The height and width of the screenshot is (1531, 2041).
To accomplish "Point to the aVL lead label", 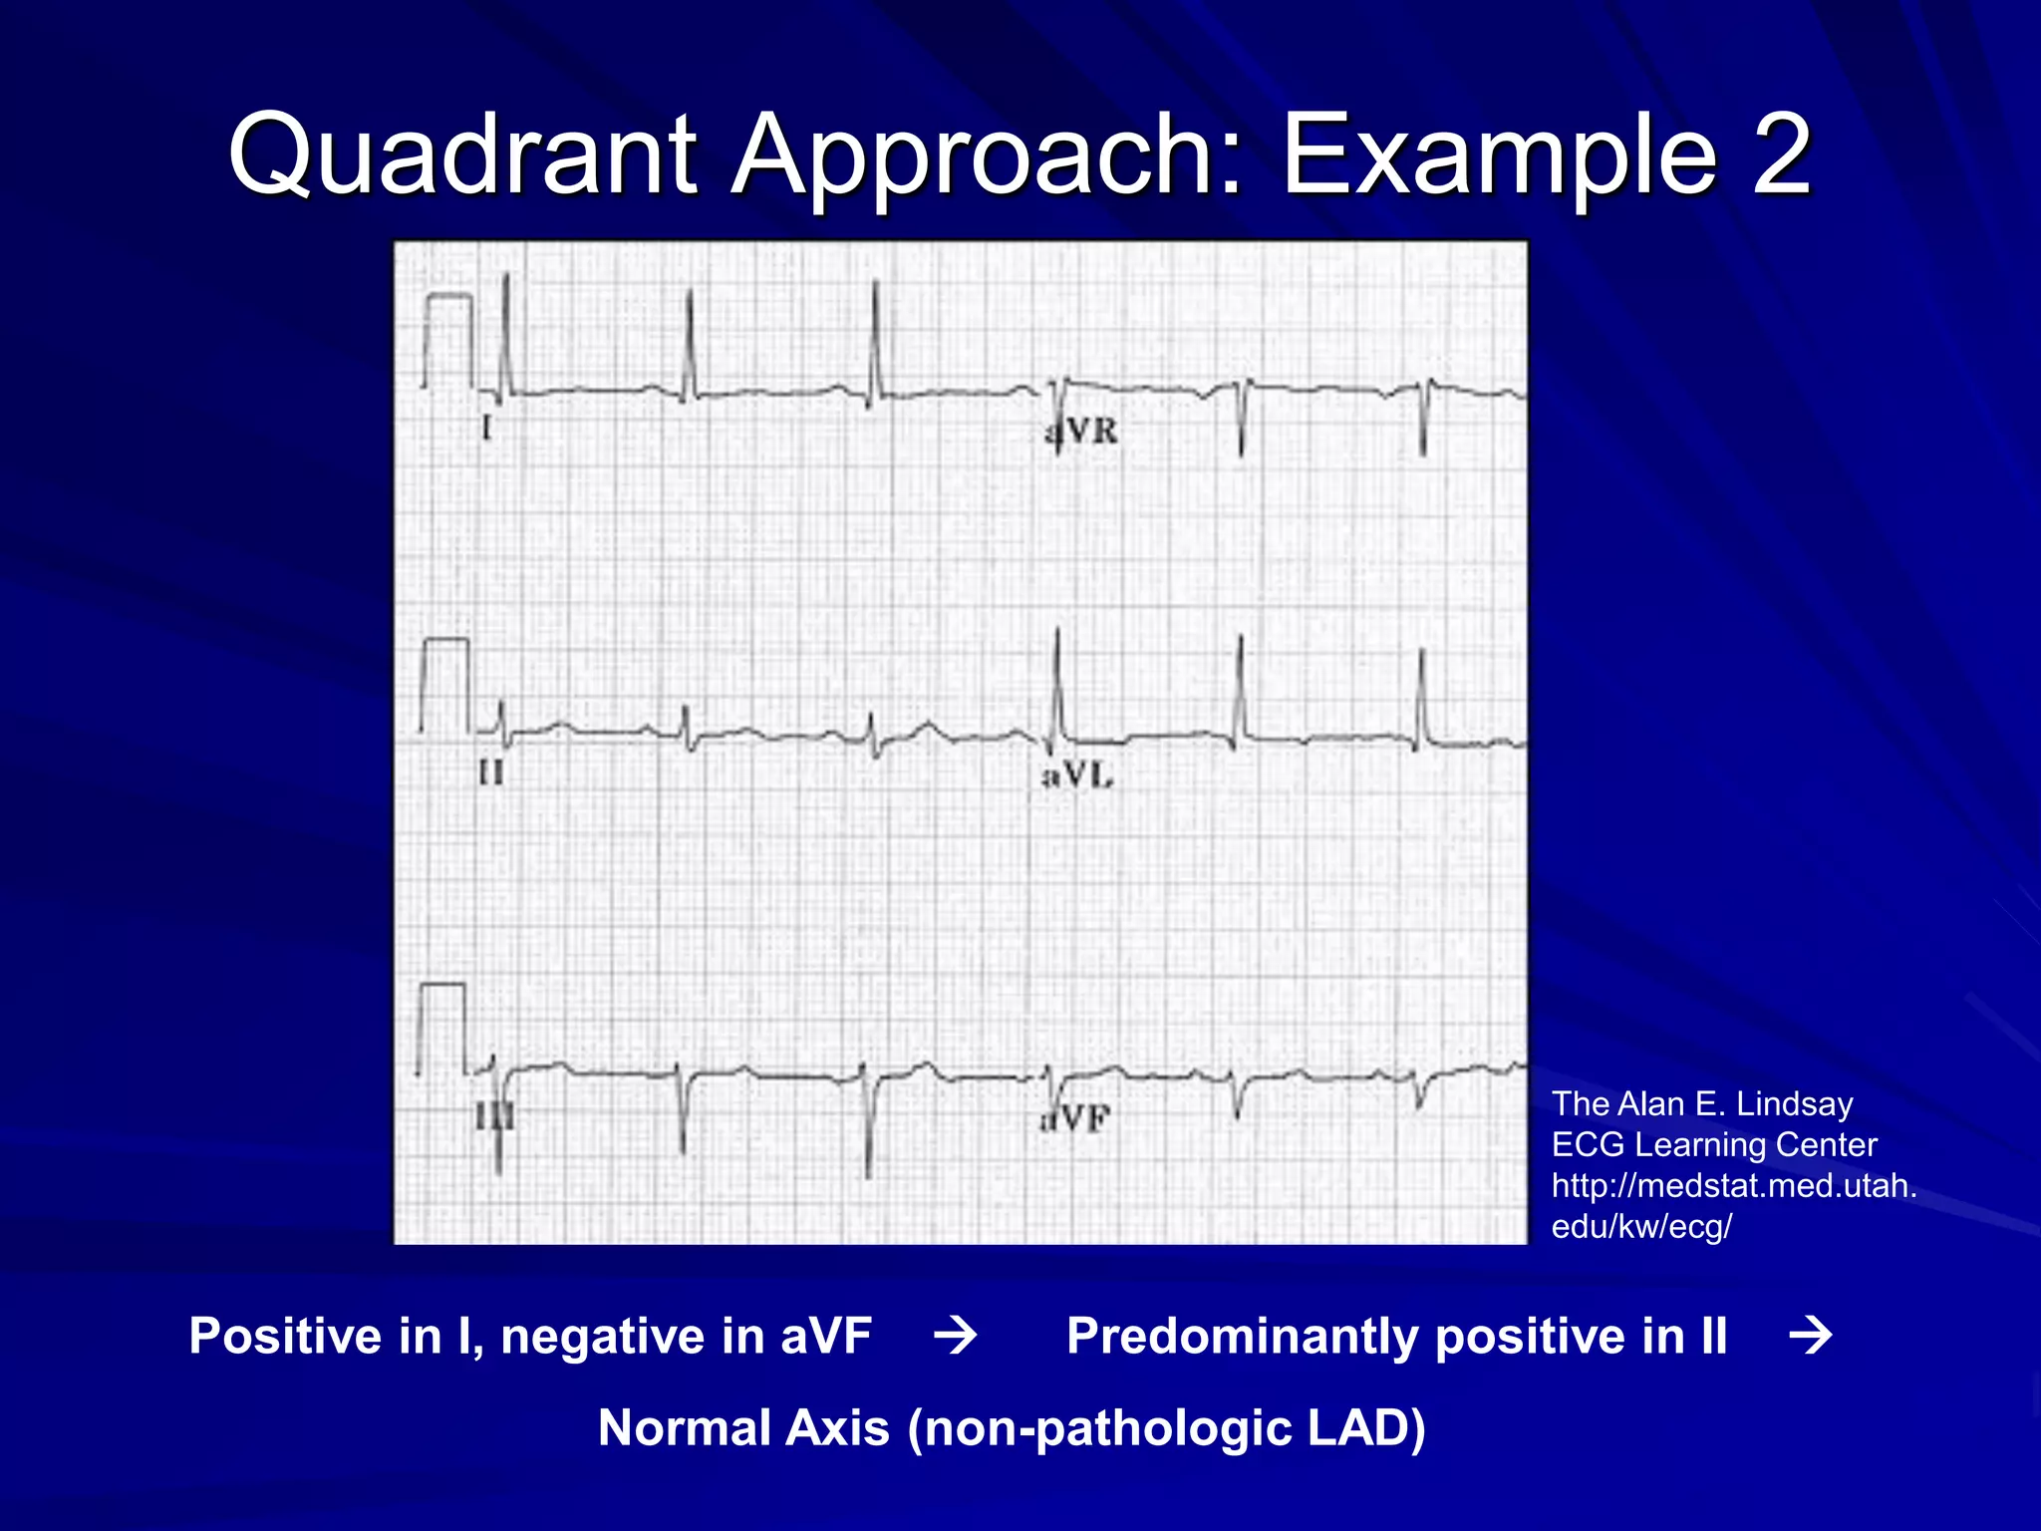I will [1077, 775].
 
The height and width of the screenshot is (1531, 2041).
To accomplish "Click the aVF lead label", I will [1075, 1119].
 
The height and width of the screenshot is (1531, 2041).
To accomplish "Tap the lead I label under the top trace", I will [486, 429].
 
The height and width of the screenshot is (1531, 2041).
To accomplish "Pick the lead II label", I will [491, 772].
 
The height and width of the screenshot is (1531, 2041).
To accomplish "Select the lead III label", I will [494, 1116].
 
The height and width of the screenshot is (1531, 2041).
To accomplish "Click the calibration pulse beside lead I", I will [447, 339].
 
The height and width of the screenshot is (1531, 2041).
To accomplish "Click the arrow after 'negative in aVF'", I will [956, 1336].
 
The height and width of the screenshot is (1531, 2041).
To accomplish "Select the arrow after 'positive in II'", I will [1811, 1336].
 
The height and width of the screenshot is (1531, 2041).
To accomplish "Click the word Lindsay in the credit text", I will [1794, 1103].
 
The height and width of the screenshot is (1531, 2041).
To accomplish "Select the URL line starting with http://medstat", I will [1734, 1185].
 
